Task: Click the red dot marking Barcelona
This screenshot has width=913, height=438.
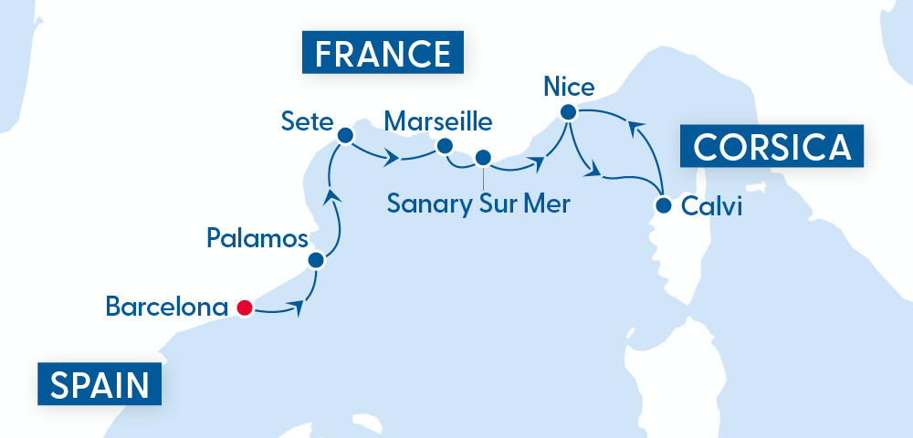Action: click(x=244, y=308)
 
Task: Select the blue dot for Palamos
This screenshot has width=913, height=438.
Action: click(x=316, y=260)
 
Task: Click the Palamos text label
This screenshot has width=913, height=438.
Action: click(x=257, y=240)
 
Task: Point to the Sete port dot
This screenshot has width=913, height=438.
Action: click(x=345, y=136)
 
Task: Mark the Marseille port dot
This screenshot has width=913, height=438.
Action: click(x=446, y=145)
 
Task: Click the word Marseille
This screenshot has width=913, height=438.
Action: click(x=438, y=121)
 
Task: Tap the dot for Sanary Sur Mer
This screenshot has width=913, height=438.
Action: click(x=483, y=157)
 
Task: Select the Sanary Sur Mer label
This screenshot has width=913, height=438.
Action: click(x=478, y=203)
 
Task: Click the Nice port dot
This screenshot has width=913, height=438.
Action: click(x=568, y=113)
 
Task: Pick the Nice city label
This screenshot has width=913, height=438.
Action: click(x=568, y=88)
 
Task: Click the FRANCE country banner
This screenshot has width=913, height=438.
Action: click(x=383, y=54)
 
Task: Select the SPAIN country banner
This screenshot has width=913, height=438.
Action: click(x=100, y=384)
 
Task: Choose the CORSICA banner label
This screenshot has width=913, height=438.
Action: click(x=772, y=146)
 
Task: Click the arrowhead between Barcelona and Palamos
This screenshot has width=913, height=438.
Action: click(x=297, y=308)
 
